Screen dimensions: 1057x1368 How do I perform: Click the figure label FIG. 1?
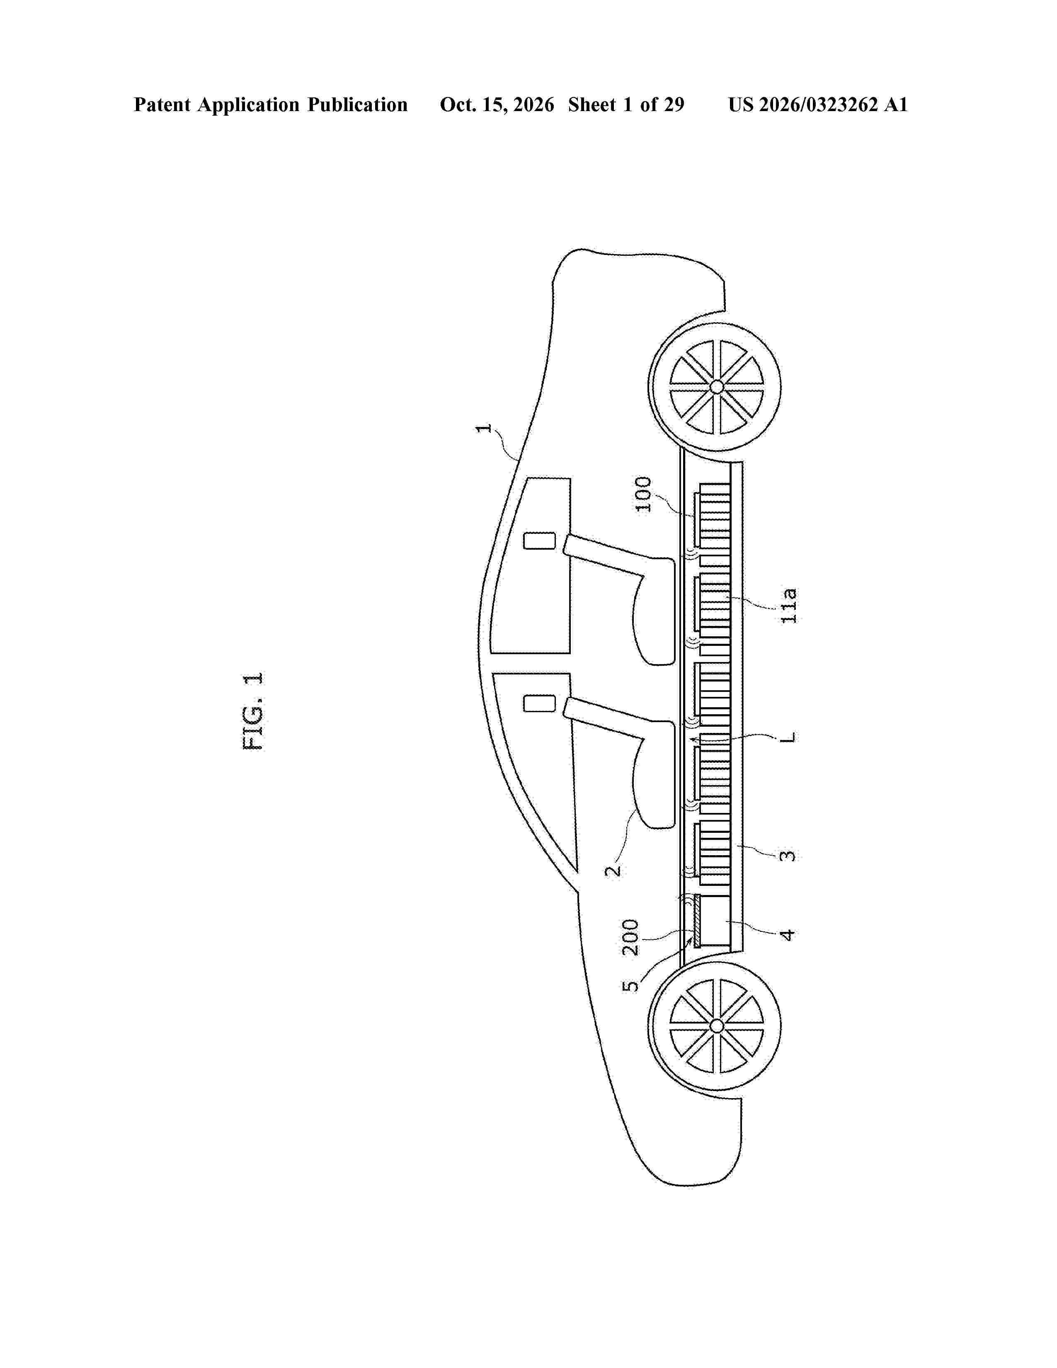tap(253, 711)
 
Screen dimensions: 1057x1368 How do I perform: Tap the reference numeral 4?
tap(788, 934)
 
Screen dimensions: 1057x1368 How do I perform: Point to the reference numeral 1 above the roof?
tap(483, 428)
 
